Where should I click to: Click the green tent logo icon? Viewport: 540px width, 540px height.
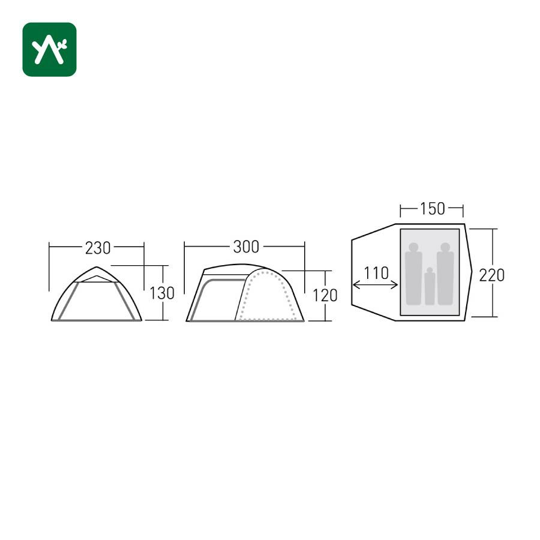[x=49, y=49]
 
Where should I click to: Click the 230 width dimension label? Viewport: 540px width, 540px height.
[x=98, y=248]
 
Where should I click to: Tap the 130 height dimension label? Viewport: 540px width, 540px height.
[x=162, y=293]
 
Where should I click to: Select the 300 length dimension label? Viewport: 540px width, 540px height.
[x=246, y=247]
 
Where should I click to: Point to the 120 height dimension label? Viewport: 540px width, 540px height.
[x=325, y=295]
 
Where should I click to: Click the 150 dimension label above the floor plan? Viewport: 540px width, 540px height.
[x=432, y=209]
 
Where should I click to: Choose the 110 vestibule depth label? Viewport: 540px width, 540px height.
[x=376, y=273]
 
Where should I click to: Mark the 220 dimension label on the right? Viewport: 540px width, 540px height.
[x=492, y=275]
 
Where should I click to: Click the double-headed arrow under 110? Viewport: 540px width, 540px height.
[x=376, y=285]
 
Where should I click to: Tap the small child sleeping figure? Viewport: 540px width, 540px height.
[x=430, y=286]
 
